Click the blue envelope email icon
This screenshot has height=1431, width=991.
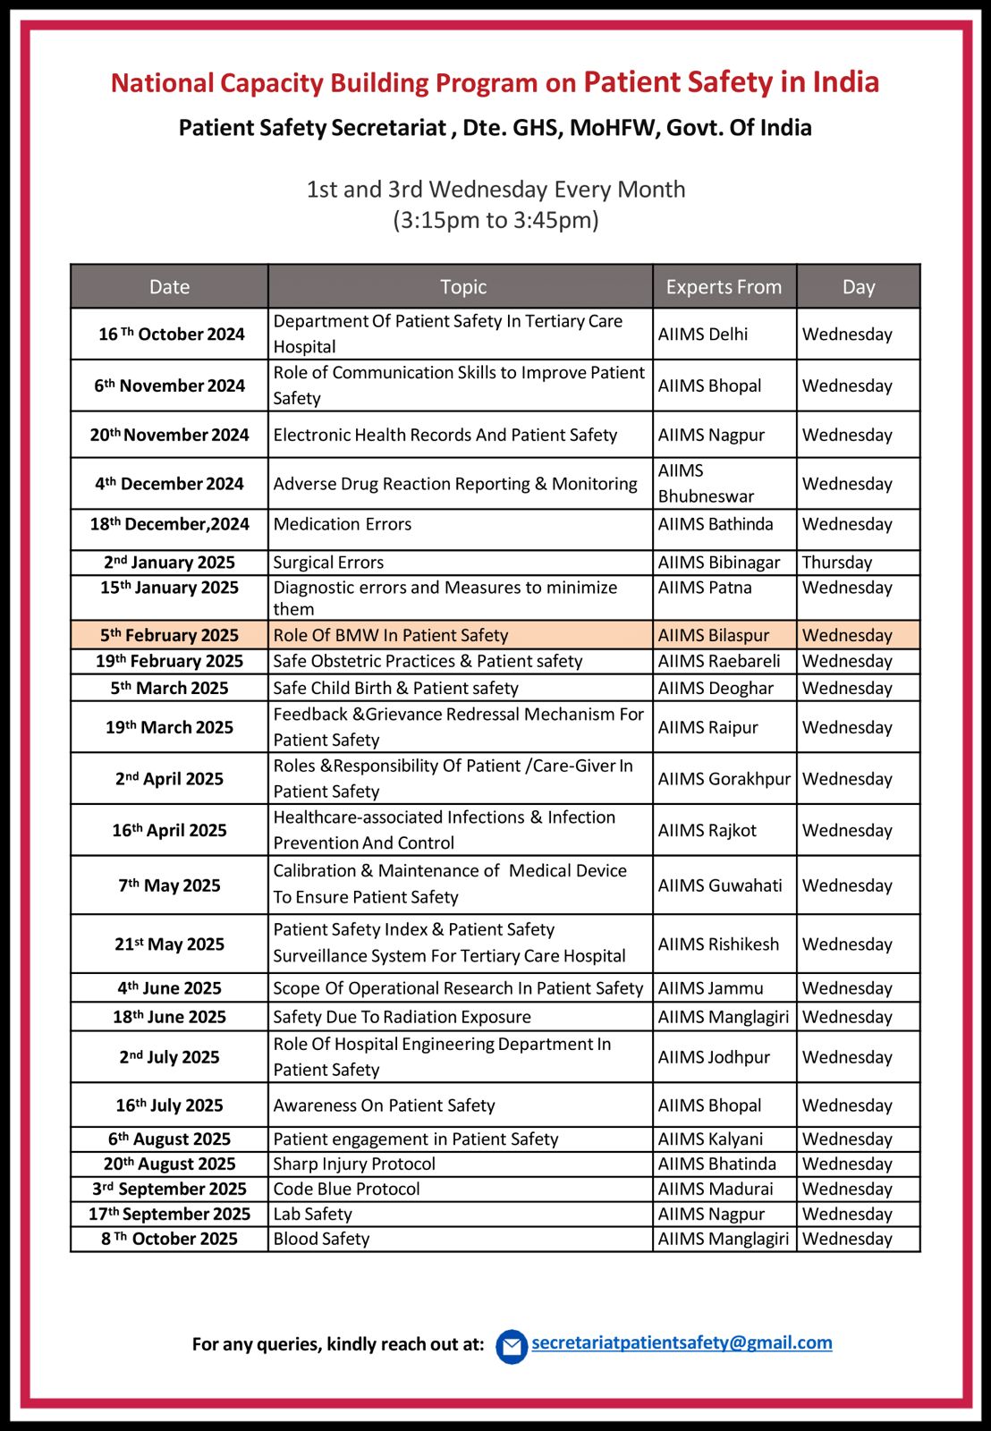512,1346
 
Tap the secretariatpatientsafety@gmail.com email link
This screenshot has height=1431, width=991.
682,1342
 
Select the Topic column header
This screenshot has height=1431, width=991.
462,287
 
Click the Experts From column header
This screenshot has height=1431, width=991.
724,287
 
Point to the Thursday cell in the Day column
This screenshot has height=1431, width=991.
836,563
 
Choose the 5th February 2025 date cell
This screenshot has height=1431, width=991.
169,635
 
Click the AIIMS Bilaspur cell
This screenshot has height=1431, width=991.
713,635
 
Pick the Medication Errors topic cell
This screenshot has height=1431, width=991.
343,524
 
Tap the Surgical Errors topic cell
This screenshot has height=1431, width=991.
328,563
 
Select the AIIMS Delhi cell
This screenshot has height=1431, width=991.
703,334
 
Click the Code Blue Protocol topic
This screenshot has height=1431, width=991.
346,1189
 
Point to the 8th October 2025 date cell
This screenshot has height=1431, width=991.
169,1239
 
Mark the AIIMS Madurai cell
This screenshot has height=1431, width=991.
716,1189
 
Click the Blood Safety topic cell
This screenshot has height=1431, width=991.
321,1239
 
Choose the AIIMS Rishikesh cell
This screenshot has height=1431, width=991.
718,944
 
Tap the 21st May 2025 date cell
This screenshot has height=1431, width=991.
169,944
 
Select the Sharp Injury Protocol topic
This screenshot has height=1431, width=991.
354,1164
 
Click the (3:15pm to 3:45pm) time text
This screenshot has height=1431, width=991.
496,220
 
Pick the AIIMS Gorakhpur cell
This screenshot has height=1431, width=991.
724,779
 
